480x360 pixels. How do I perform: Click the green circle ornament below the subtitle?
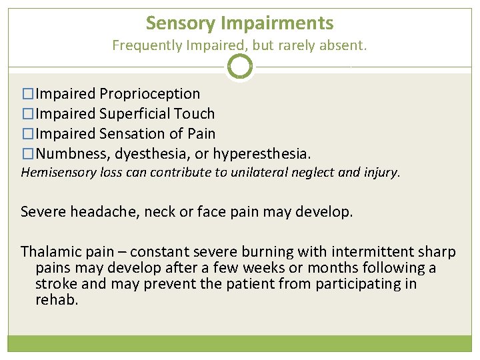tap(240, 67)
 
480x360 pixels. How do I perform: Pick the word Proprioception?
tap(149, 94)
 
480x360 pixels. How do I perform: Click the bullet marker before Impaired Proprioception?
tap(27, 94)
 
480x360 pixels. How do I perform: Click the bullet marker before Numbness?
tap(27, 154)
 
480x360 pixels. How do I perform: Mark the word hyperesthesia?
tap(261, 154)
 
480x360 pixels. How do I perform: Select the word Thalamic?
tap(48, 252)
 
